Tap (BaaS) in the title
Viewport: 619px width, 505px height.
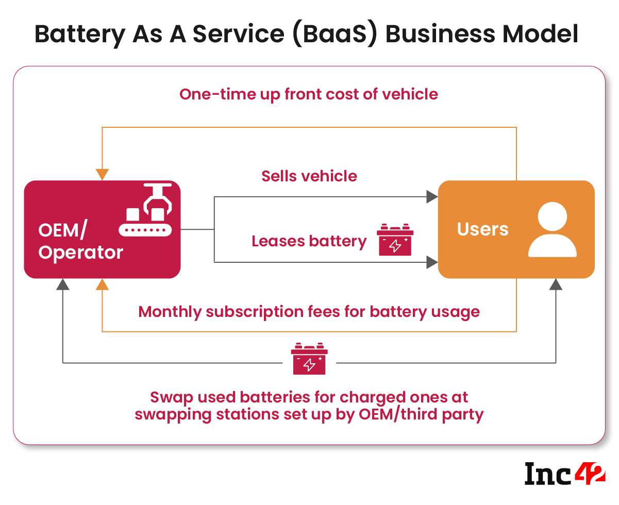point(328,34)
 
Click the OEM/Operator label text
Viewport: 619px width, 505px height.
point(80,241)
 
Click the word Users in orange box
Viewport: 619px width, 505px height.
point(482,229)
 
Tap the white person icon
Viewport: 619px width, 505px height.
point(552,229)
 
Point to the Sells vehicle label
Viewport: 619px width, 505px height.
point(309,176)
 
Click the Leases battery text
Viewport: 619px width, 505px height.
point(309,241)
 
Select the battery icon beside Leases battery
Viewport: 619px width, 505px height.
point(395,240)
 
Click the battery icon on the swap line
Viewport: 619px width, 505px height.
point(309,359)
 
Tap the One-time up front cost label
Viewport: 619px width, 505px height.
point(309,95)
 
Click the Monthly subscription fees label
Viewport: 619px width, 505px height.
point(309,312)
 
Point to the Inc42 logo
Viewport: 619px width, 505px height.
point(565,473)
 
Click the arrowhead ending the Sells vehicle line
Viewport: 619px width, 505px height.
point(431,196)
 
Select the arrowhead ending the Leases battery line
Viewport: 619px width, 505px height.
point(431,262)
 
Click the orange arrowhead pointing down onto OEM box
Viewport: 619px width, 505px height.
point(103,174)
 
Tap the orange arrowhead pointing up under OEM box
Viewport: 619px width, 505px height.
point(103,284)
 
